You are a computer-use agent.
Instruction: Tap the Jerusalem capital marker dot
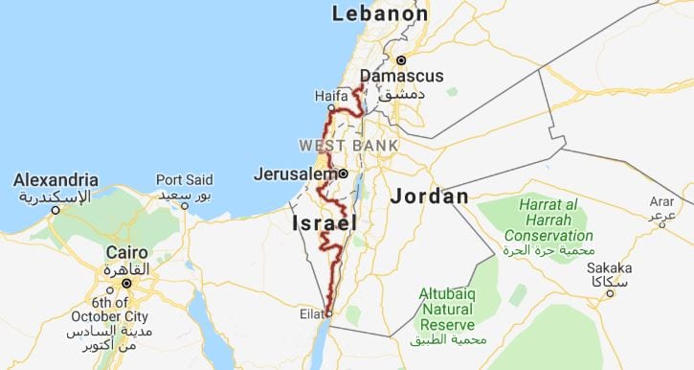point(343,174)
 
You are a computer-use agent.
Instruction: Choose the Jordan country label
point(430,197)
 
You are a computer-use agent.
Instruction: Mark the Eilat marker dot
point(328,312)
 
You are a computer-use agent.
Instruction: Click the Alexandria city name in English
point(56,179)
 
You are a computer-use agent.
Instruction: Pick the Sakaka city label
point(610,268)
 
